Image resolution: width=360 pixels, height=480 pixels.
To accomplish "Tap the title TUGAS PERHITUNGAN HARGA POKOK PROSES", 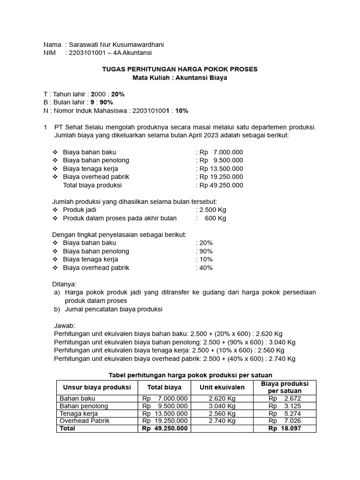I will click(180, 69).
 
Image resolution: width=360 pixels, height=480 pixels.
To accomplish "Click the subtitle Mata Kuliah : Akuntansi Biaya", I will click(180, 78).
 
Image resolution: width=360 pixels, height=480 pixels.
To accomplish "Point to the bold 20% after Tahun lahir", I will click(118, 94).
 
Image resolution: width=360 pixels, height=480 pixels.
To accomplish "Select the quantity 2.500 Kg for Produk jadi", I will click(213, 210).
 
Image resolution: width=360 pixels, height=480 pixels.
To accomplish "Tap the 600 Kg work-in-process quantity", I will click(216, 218).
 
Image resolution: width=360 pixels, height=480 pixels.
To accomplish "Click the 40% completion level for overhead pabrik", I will click(206, 268).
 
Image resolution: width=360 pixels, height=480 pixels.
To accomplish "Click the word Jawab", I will click(65, 326).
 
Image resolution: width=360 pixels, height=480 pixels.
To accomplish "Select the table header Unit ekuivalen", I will click(222, 387).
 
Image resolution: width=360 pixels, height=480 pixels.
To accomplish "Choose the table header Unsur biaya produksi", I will click(97, 387).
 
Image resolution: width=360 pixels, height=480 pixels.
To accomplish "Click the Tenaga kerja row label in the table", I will click(78, 413).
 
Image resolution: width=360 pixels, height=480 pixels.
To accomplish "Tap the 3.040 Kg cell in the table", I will click(222, 406).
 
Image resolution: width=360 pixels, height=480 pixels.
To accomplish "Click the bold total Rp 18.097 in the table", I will click(285, 428).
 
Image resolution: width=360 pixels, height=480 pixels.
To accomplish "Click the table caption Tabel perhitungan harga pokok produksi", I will click(190, 375).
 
